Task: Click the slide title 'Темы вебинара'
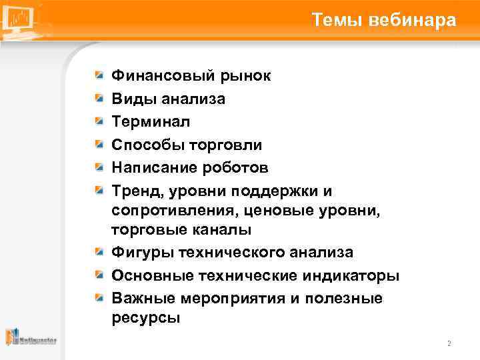(383, 21)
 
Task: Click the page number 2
(449, 344)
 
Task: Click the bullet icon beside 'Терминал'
(99, 121)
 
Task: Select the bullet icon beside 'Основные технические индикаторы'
(99, 275)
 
